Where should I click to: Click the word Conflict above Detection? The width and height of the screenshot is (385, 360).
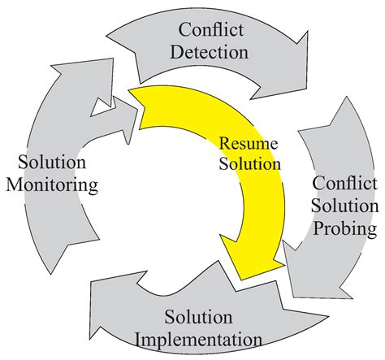(x=210, y=29)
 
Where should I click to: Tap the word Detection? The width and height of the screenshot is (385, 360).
(x=209, y=52)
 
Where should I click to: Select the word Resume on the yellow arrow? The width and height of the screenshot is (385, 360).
(x=249, y=143)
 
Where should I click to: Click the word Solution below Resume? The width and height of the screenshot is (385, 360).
(x=249, y=164)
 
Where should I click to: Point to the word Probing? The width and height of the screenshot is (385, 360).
(x=345, y=228)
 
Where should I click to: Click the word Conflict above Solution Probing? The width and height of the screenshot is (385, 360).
(x=344, y=183)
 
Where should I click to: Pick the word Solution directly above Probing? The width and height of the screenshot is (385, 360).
(x=345, y=206)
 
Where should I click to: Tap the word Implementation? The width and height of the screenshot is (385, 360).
(x=198, y=340)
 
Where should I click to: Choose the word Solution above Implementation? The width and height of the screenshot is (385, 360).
(x=198, y=317)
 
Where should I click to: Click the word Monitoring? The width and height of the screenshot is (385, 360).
(x=52, y=185)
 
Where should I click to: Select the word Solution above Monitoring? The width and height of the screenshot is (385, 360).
(x=52, y=162)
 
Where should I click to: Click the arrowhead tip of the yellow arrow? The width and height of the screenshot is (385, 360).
(x=241, y=280)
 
